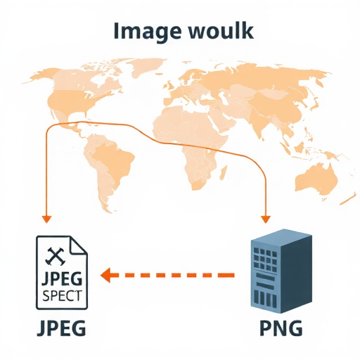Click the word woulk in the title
(x=221, y=30)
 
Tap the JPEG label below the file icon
(x=61, y=328)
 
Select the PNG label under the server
(x=281, y=328)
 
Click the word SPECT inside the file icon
(x=62, y=295)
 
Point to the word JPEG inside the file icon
(x=62, y=279)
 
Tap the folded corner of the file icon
(x=79, y=245)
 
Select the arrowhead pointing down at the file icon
(x=46, y=219)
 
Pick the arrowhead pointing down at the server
(x=266, y=219)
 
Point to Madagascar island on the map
(x=223, y=172)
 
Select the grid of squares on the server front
(x=265, y=258)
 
